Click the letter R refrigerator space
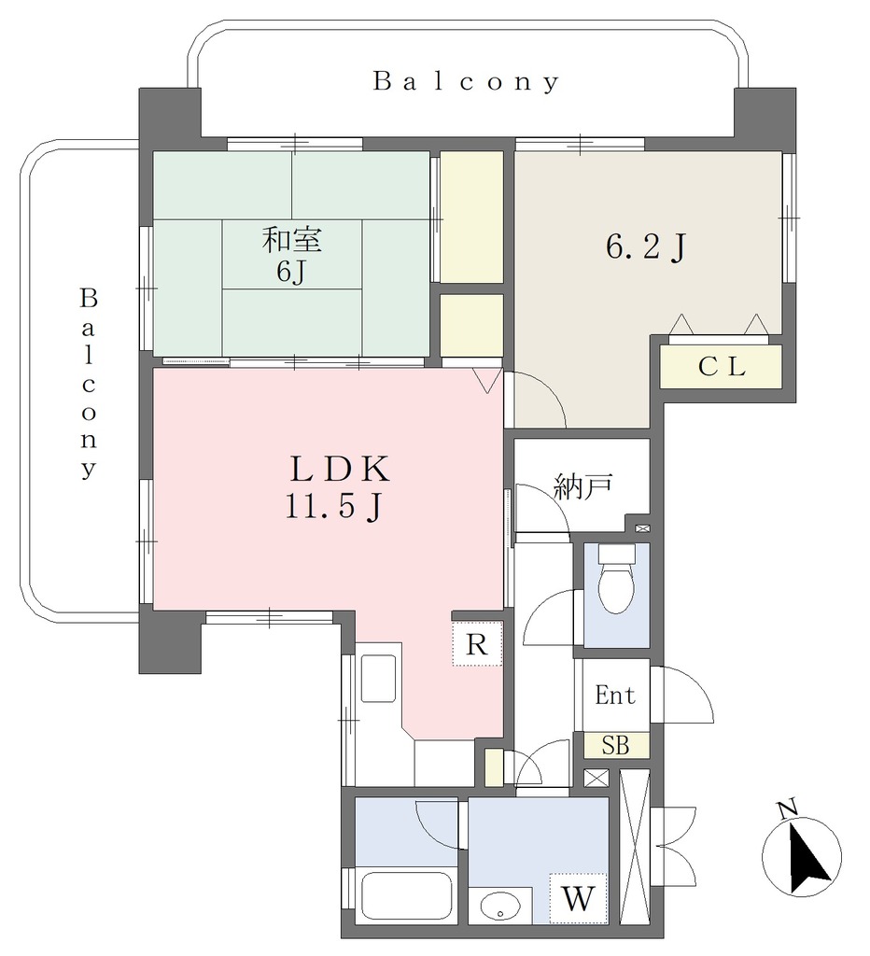477,644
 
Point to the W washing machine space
578,898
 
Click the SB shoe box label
615,745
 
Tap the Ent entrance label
614,695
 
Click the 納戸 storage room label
582,485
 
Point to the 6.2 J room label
646,247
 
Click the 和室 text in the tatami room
291,240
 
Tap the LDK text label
339,470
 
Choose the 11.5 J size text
333,505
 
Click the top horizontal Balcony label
466,81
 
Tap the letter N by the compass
788,809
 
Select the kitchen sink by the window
379,679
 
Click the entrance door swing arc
682,695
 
